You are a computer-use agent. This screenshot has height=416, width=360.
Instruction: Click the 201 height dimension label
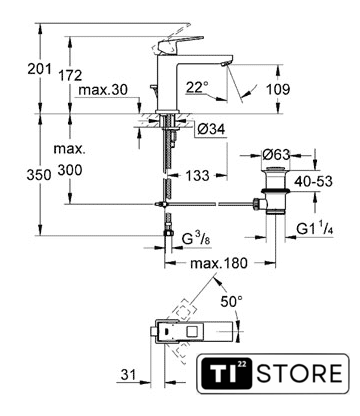(40, 69)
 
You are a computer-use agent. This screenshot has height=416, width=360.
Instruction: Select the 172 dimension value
(70, 75)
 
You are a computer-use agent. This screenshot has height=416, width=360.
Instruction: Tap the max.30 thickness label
(103, 90)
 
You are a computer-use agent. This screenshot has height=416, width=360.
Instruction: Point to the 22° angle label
(197, 87)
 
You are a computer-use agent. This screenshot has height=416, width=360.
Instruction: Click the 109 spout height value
(278, 89)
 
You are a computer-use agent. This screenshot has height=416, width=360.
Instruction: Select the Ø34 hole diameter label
(211, 129)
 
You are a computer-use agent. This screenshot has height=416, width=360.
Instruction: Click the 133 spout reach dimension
(197, 175)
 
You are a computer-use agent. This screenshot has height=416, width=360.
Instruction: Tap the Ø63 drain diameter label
(276, 154)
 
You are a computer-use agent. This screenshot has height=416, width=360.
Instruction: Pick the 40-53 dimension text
(313, 181)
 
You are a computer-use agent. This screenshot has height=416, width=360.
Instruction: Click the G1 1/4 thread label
(315, 229)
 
